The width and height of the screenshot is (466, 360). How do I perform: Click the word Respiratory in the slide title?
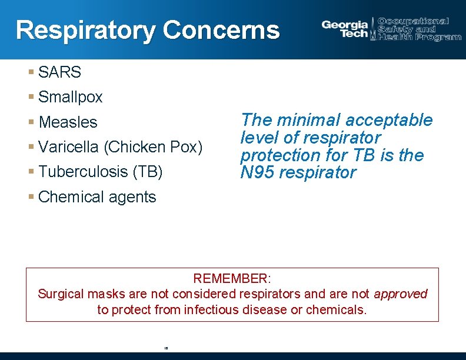pos(86,30)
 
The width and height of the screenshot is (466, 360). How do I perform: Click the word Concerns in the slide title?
pos(221,30)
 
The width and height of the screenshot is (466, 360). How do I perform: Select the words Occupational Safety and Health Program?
pos(419,29)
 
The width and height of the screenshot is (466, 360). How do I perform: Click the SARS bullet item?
pos(59,72)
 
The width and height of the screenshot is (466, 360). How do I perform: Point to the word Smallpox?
pos(71,97)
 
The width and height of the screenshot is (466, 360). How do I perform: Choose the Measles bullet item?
pos(68,122)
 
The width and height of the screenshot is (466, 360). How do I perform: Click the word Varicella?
pos(69,146)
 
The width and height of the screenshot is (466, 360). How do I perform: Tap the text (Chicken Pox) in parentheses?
pos(153,146)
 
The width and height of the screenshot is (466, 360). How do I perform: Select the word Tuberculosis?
pos(84,171)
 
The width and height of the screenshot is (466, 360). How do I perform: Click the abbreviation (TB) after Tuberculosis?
pos(148,171)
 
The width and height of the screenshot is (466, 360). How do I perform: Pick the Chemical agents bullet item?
pos(97,196)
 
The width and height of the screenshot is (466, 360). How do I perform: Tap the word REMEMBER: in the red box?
pos(232,278)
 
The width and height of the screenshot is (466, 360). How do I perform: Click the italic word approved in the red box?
pos(401,294)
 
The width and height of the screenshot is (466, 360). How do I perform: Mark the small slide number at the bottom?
pos(167,348)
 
